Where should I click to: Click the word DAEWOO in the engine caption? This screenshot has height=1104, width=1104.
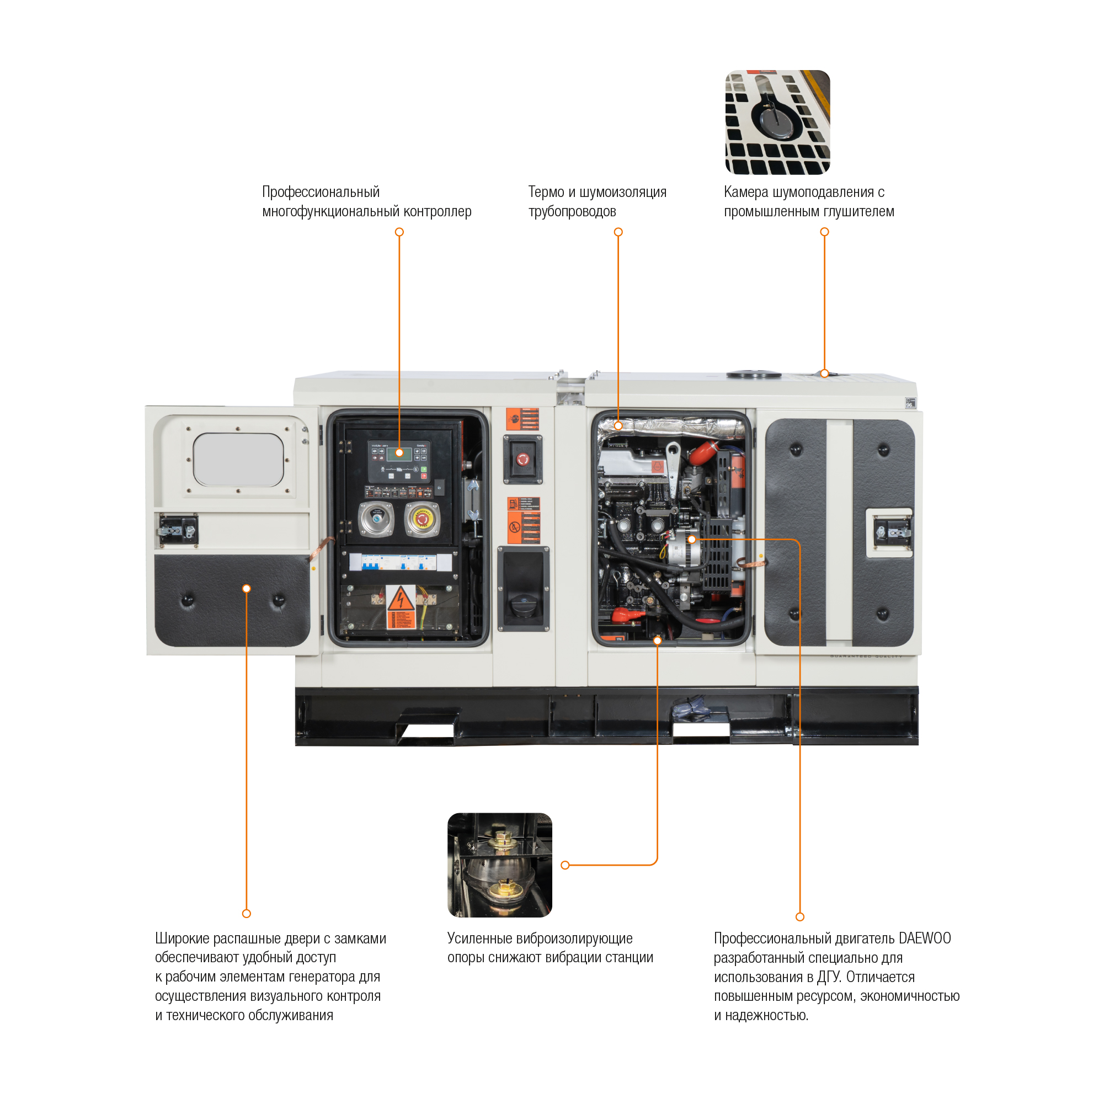point(924,938)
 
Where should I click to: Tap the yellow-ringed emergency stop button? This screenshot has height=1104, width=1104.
point(422,519)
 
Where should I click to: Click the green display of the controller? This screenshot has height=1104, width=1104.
point(395,453)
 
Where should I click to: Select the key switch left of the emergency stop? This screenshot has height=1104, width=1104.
point(376,519)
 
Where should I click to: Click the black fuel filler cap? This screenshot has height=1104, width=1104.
point(522,605)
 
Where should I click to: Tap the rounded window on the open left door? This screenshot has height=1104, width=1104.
point(238,460)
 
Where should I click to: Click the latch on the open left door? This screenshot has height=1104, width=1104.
point(177,530)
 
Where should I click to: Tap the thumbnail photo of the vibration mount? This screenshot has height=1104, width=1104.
point(499,865)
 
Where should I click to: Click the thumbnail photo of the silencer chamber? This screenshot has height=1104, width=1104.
point(777,122)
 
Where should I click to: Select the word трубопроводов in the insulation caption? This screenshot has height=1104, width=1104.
point(572,211)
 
